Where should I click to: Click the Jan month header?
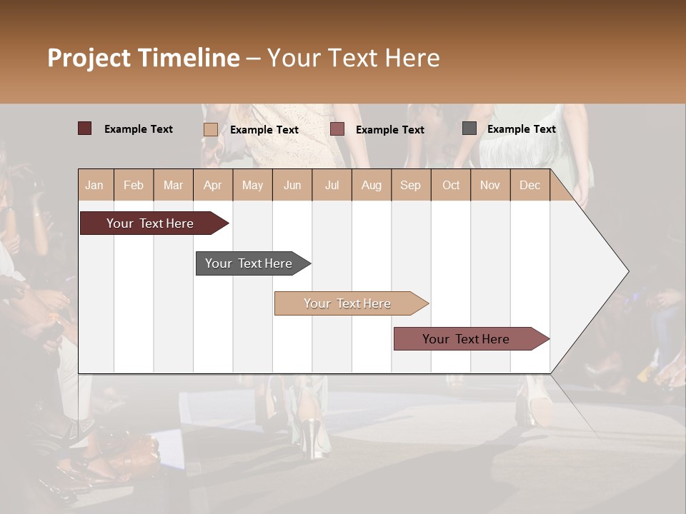pyautogui.click(x=94, y=185)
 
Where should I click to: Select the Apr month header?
pyautogui.click(x=212, y=185)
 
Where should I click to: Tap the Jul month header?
pyautogui.click(x=332, y=185)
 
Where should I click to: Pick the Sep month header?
pyautogui.click(x=410, y=185)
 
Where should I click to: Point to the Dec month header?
pyautogui.click(x=530, y=185)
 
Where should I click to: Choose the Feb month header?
pyautogui.click(x=134, y=185)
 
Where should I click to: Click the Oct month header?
pyautogui.click(x=451, y=185)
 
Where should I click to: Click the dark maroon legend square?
pyautogui.click(x=84, y=128)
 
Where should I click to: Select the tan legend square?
pyautogui.click(x=210, y=129)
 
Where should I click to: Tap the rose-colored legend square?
pyautogui.click(x=337, y=129)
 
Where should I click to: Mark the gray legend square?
pyautogui.click(x=469, y=128)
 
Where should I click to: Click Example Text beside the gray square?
pyautogui.click(x=521, y=129)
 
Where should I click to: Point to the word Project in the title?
pyautogui.click(x=90, y=58)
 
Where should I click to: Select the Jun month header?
pyautogui.click(x=292, y=185)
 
